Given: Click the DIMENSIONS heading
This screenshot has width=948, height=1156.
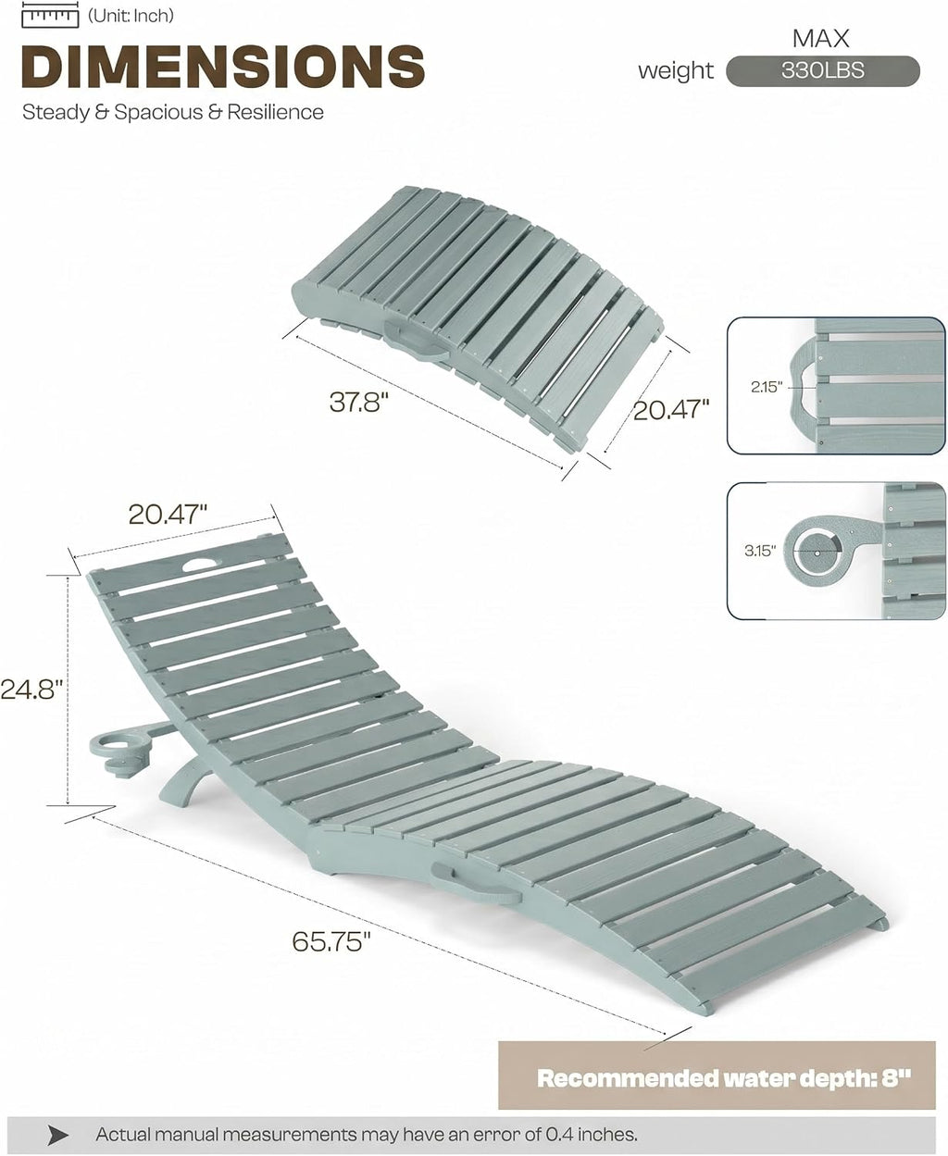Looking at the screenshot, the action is (223, 66).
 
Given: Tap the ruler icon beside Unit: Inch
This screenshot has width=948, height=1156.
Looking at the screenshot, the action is (50, 16).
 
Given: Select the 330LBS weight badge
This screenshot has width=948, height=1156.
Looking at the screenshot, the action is (822, 70).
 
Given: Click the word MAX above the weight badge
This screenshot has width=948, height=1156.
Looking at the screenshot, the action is (820, 38).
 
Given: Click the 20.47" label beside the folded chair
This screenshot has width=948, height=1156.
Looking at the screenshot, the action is (671, 410).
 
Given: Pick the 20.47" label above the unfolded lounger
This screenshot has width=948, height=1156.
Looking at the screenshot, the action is (168, 515).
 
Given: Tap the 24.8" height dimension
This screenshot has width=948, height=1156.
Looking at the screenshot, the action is (29, 689).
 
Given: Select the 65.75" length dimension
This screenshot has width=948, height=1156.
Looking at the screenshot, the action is (331, 941).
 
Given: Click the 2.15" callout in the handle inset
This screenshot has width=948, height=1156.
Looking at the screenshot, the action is (766, 387).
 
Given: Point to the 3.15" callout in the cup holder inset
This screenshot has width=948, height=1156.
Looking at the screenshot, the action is (760, 551).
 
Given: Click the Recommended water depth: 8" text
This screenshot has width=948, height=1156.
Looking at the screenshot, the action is (723, 1077).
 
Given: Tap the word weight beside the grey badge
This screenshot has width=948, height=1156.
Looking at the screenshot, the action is (676, 71).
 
